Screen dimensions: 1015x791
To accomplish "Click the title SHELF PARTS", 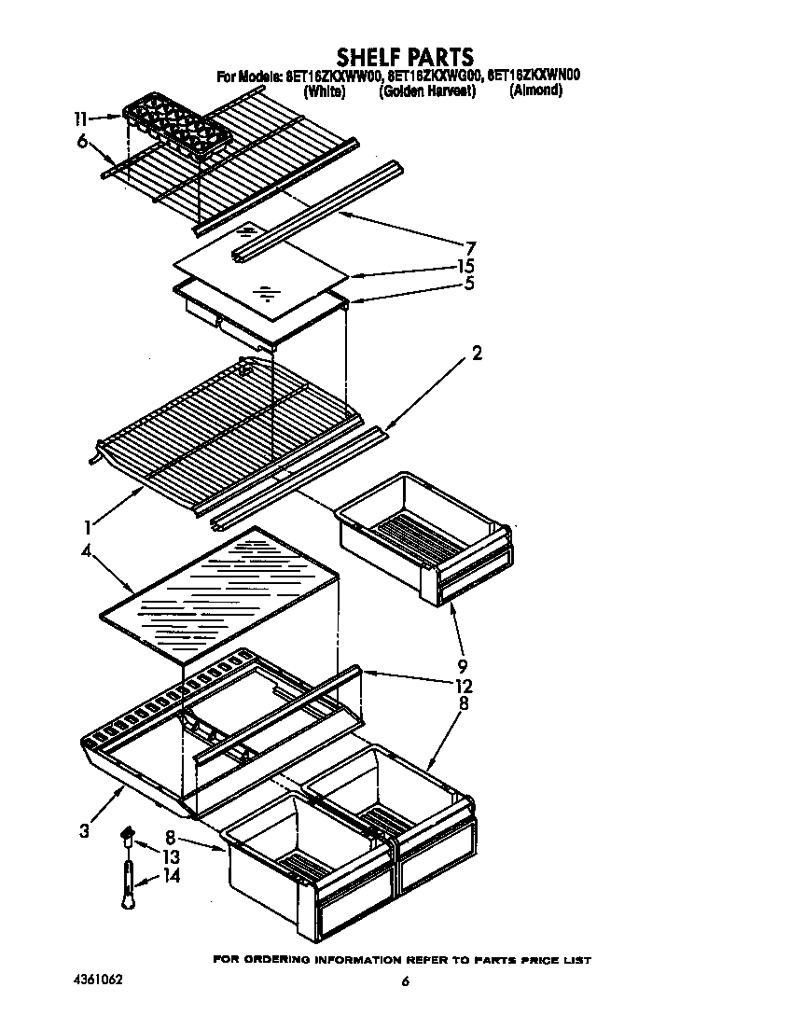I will (x=405, y=57).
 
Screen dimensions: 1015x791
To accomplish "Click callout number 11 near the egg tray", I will (x=81, y=118).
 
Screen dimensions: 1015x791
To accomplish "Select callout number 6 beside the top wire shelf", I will (x=82, y=141).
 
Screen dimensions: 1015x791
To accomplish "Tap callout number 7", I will (x=471, y=248).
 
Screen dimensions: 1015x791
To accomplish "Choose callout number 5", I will (x=469, y=284).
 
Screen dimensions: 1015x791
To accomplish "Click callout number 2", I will (x=477, y=354).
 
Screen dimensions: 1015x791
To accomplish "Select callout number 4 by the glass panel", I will (x=86, y=551).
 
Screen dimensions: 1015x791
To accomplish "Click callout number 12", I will (x=464, y=687).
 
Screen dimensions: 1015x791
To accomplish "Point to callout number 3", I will (x=85, y=829).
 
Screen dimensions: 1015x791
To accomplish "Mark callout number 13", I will (x=170, y=857).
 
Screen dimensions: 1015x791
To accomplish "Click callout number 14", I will (x=170, y=876).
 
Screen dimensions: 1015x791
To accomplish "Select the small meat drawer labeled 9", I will (x=425, y=536).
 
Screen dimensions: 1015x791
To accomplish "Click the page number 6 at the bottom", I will (x=405, y=981).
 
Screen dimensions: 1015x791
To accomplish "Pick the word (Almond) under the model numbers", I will (x=535, y=91).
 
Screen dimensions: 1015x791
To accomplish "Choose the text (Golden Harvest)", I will (x=427, y=91).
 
